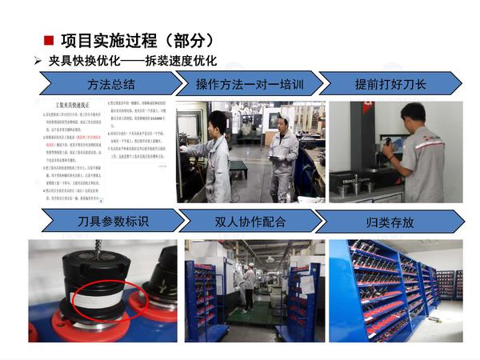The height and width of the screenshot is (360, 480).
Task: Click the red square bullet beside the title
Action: pyautogui.click(x=49, y=40)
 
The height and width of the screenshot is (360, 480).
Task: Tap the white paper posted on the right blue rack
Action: pyautogui.click(x=305, y=284)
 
